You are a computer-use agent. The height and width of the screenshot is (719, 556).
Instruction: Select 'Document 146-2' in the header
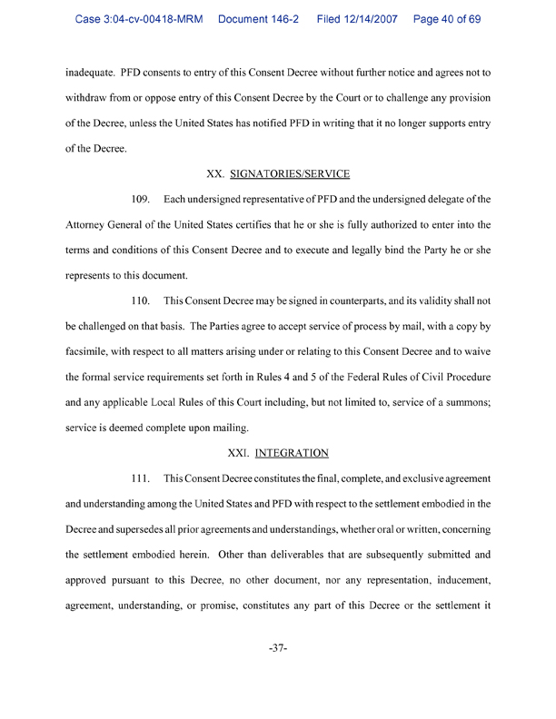(x=264, y=18)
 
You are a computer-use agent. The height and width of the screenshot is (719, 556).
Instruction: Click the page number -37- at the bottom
(x=279, y=650)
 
